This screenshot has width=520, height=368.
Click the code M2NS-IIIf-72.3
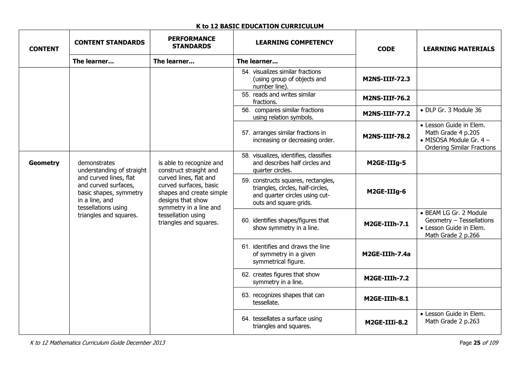(x=386, y=79)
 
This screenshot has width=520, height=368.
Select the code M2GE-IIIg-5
(x=386, y=163)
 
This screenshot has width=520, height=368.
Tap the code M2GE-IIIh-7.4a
(x=386, y=254)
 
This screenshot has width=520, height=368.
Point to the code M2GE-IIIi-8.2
(x=386, y=323)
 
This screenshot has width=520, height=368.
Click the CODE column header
(x=386, y=49)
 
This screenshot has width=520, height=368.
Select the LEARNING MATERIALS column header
(x=459, y=49)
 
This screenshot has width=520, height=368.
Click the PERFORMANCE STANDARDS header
(x=191, y=42)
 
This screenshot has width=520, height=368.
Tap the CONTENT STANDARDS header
(x=109, y=42)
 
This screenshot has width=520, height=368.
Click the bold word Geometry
(x=44, y=163)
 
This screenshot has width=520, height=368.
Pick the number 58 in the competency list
(x=246, y=156)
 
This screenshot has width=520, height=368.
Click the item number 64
(x=246, y=319)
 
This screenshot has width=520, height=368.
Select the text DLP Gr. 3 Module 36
(x=453, y=110)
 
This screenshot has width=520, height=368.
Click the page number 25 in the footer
(x=477, y=343)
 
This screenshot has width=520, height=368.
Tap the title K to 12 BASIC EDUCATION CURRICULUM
(x=260, y=26)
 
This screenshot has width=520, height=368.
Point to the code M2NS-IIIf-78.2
(x=386, y=136)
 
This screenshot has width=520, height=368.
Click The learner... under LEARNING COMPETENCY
(x=257, y=61)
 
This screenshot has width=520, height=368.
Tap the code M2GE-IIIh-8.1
(x=386, y=299)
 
